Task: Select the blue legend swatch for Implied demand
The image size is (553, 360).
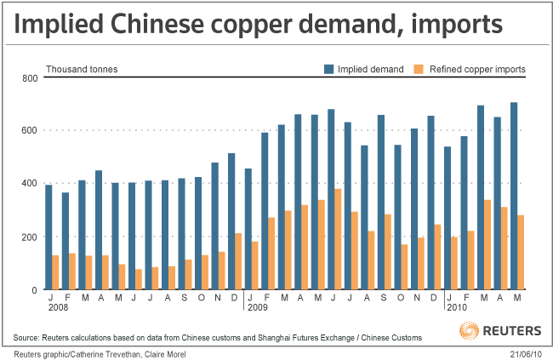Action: tap(328, 69)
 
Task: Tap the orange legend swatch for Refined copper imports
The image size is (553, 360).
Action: tap(418, 69)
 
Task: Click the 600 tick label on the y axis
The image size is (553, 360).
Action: tap(30, 130)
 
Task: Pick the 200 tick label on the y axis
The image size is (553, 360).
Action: tap(30, 237)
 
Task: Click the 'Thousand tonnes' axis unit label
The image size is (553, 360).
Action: tap(82, 69)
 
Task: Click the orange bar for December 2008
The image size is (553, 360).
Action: tap(238, 261)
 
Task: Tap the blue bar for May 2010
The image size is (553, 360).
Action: tap(514, 196)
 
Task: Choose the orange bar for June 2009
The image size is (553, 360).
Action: tap(338, 239)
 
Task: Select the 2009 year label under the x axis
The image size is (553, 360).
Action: tap(257, 307)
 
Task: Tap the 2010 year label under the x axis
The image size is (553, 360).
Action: tap(456, 307)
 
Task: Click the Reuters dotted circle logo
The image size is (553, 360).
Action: tap(468, 329)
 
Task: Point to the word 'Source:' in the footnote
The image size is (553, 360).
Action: tap(29, 338)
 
